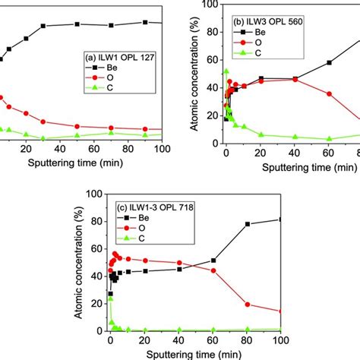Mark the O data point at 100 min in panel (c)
pos(281,311)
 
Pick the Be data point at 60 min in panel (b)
pos(328,62)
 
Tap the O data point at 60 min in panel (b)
pos(328,93)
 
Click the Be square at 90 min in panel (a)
pos(145,22)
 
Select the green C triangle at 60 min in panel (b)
pos(328,138)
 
